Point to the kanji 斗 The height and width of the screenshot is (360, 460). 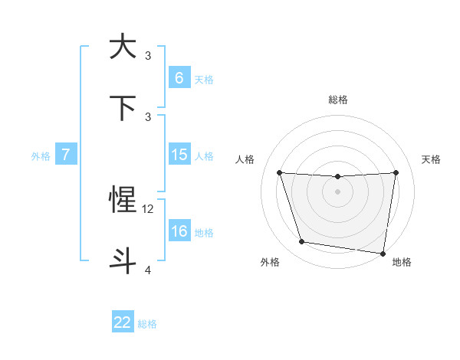(123, 260)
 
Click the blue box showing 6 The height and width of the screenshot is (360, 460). (179, 78)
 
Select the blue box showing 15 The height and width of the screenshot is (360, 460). (179, 155)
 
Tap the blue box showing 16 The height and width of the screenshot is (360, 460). (179, 231)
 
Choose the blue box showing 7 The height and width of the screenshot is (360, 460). (66, 155)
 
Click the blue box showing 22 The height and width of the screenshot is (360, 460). (123, 322)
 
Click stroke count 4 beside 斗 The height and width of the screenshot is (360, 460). (148, 270)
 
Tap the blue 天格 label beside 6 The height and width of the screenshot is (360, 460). (204, 80)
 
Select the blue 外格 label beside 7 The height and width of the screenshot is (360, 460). (41, 156)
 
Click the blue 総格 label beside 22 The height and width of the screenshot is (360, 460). (147, 324)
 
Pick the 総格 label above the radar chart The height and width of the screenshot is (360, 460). (338, 100)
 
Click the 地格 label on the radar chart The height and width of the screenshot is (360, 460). (402, 262)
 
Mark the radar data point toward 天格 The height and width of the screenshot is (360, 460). (396, 172)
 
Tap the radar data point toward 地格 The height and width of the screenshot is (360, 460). (383, 254)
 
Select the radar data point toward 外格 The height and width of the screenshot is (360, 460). (302, 242)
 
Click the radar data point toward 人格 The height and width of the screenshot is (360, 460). (280, 172)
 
